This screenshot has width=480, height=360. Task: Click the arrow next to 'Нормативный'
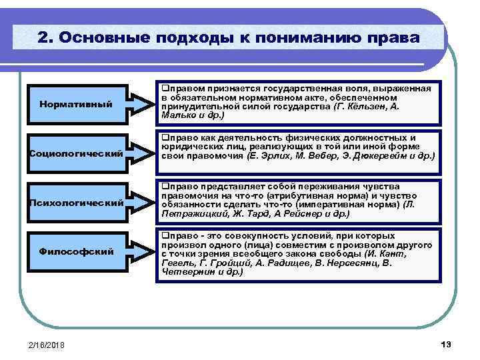pos(141,104)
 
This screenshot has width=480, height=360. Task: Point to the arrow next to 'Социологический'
pos(141,153)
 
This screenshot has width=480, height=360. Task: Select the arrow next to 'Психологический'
pos(141,202)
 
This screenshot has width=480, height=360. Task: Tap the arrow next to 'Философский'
pos(141,251)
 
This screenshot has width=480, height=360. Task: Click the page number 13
pos(446,344)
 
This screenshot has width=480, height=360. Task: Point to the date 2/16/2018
pos(47,345)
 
